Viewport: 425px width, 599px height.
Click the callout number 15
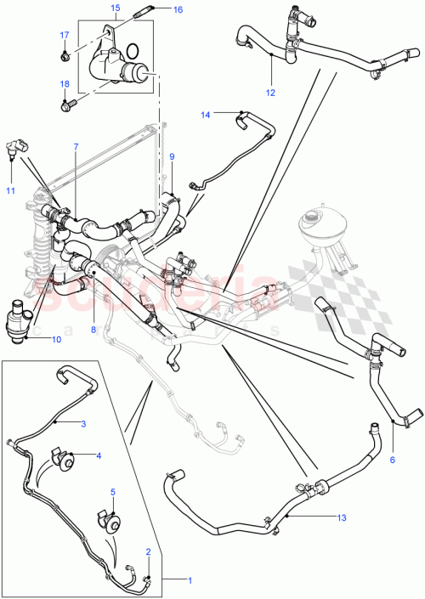(x=115, y=8)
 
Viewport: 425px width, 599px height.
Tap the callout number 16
(x=177, y=10)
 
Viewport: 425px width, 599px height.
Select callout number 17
(x=63, y=35)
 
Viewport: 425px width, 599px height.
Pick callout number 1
(x=190, y=579)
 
